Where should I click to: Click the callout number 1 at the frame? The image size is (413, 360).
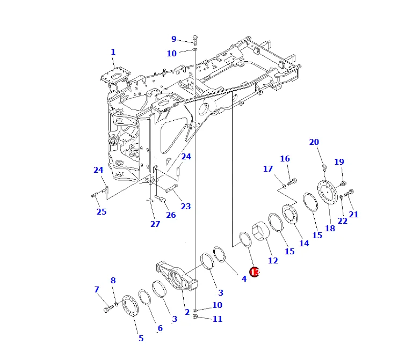tap(113, 52)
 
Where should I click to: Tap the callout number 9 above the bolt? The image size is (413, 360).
tap(173, 39)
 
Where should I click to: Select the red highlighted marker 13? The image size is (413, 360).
tap(255, 273)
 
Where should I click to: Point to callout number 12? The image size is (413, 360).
tap(273, 261)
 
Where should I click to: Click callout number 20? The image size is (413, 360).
tap(314, 142)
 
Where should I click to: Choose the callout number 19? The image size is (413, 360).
tap(339, 162)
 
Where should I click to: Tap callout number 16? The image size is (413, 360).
tap(285, 159)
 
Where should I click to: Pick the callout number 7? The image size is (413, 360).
tap(97, 290)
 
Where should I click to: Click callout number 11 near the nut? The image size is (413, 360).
tap(217, 319)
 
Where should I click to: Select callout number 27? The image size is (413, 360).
tap(155, 224)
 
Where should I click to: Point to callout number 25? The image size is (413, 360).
tap(102, 211)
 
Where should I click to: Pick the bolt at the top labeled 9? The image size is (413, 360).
tap(194, 40)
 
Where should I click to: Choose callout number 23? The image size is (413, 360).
tap(186, 207)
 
